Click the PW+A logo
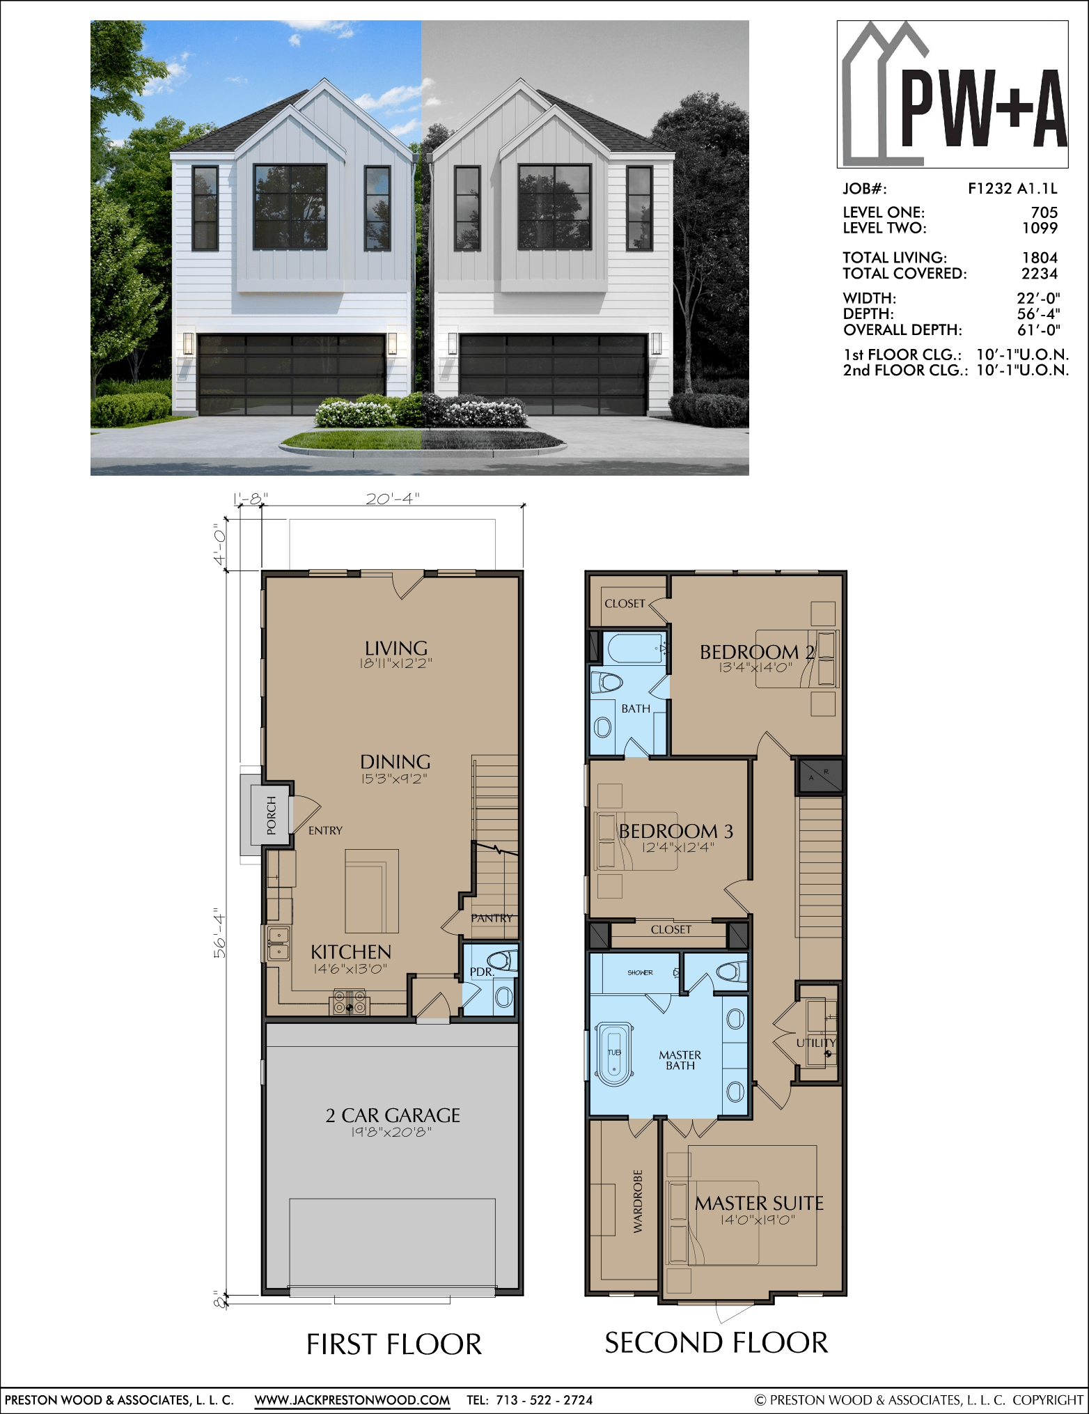coord(953,94)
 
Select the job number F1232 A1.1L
coord(1012,188)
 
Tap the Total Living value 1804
coord(1040,258)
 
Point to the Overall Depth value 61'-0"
coord(1038,329)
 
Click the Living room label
coord(396,648)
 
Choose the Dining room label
coord(395,761)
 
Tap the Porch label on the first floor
coord(272,815)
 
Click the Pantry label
coord(492,918)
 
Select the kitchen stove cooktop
coord(350,1003)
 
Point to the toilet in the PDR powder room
coord(502,961)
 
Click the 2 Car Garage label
coord(393,1115)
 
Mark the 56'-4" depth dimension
coord(220,933)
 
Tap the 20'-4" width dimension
coord(393,498)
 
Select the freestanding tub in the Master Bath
coord(613,1053)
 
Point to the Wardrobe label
coord(638,1202)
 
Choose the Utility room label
coord(816,1043)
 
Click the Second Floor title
coord(716,1342)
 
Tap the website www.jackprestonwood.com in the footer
coord(352,1399)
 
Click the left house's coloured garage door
coord(292,374)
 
